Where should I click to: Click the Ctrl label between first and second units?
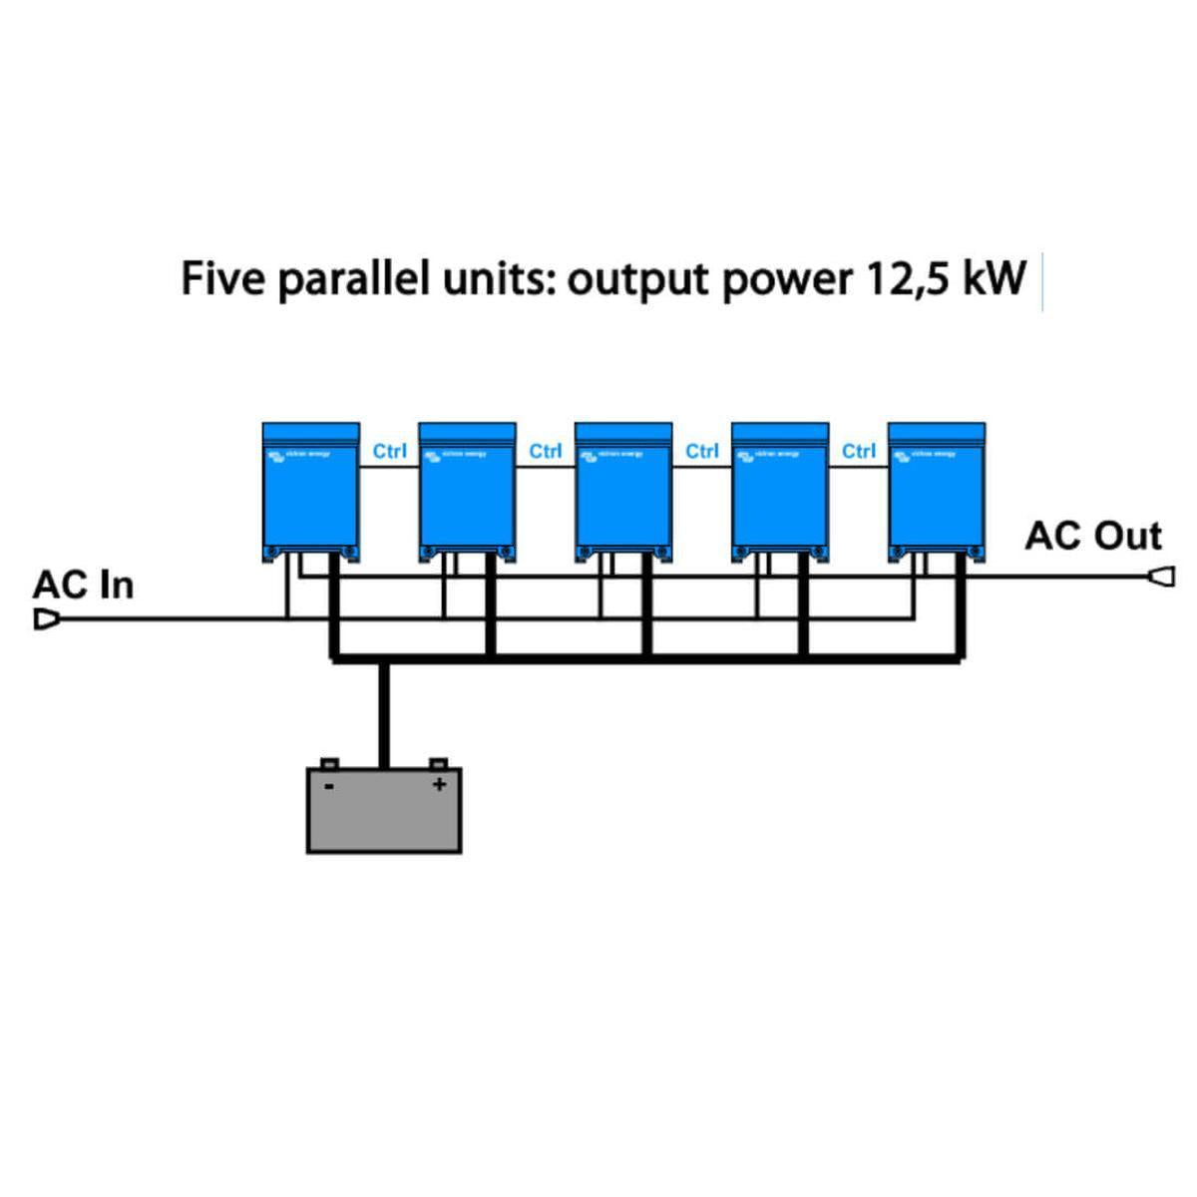pos(389,452)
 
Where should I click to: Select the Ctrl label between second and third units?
pos(546,452)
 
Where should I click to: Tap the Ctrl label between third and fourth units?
pos(702,452)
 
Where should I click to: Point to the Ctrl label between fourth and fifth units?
pos(859,452)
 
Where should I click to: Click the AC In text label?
pos(83,586)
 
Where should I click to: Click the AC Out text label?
pos(1093,537)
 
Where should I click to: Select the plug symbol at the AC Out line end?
pos(1161,577)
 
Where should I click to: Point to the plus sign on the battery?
pos(438,785)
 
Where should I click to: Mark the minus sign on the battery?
pos(329,786)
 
